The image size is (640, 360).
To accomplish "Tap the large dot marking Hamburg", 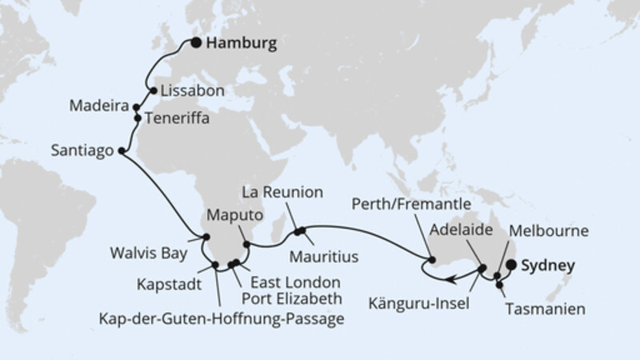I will tap(196, 45).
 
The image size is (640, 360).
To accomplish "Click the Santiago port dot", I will tap(122, 150).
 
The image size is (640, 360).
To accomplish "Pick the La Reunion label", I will tap(283, 193).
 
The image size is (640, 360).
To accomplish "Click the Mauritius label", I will tap(324, 256).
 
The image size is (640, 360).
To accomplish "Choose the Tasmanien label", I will tap(541, 307).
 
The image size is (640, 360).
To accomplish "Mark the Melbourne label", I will tap(554, 231).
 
